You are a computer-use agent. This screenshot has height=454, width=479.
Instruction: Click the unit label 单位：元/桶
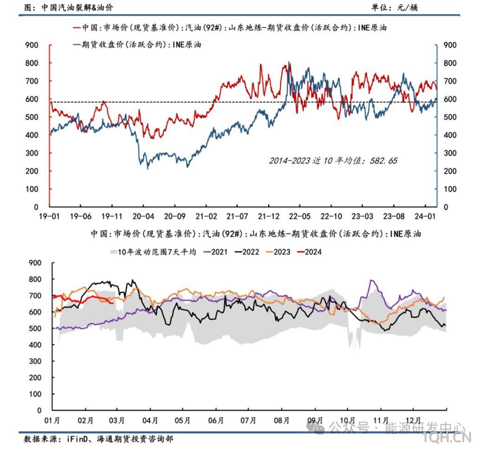[394, 7]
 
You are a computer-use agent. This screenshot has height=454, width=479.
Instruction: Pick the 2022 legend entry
[249, 252]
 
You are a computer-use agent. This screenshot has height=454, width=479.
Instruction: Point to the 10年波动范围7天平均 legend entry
[153, 252]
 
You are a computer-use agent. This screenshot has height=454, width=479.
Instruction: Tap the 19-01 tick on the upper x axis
[48, 216]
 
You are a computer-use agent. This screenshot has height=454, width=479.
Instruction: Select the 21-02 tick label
[206, 216]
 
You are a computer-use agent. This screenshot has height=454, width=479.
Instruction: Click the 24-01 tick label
[426, 216]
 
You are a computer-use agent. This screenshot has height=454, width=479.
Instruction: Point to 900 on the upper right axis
[450, 45]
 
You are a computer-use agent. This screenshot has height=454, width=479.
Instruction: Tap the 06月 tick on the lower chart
[216, 421]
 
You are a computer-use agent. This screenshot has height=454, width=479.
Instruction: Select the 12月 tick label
[413, 421]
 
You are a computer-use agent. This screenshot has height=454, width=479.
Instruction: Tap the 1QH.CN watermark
[453, 438]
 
